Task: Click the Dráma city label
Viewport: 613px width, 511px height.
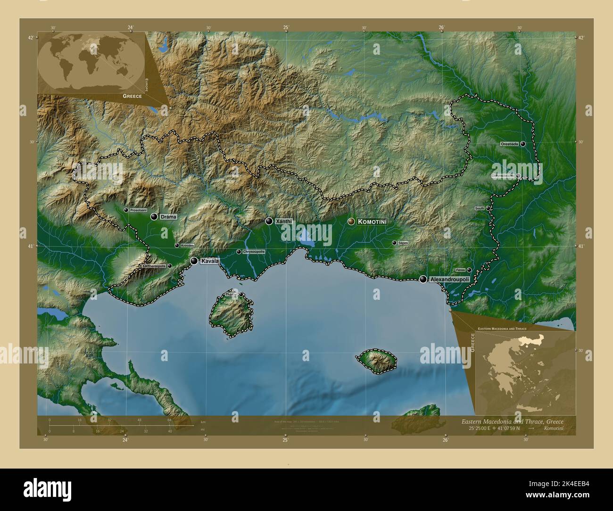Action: pyautogui.click(x=169, y=217)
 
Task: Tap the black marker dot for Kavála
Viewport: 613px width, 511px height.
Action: pyautogui.click(x=194, y=261)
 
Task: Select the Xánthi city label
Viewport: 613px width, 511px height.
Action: pyautogui.click(x=284, y=221)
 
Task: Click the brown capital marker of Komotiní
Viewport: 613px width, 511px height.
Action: pyautogui.click(x=351, y=221)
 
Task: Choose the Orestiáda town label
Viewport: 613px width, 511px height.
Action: pyautogui.click(x=510, y=144)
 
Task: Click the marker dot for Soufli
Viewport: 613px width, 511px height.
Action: pyautogui.click(x=489, y=208)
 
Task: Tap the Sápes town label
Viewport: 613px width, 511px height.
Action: pyautogui.click(x=403, y=243)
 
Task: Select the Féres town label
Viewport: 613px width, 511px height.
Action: pyautogui.click(x=461, y=270)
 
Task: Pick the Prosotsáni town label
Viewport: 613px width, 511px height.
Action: pyautogui.click(x=139, y=210)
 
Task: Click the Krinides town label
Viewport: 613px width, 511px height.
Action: pyautogui.click(x=186, y=246)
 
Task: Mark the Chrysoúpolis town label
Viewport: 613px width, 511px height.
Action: pyautogui.click(x=254, y=252)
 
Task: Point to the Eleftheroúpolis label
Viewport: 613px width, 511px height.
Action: pyautogui.click(x=154, y=266)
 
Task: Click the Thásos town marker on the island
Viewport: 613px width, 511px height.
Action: pyautogui.click(x=241, y=295)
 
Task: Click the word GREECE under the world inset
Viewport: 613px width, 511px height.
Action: pyautogui.click(x=132, y=96)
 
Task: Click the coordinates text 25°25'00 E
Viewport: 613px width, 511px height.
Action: pyautogui.click(x=479, y=428)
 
